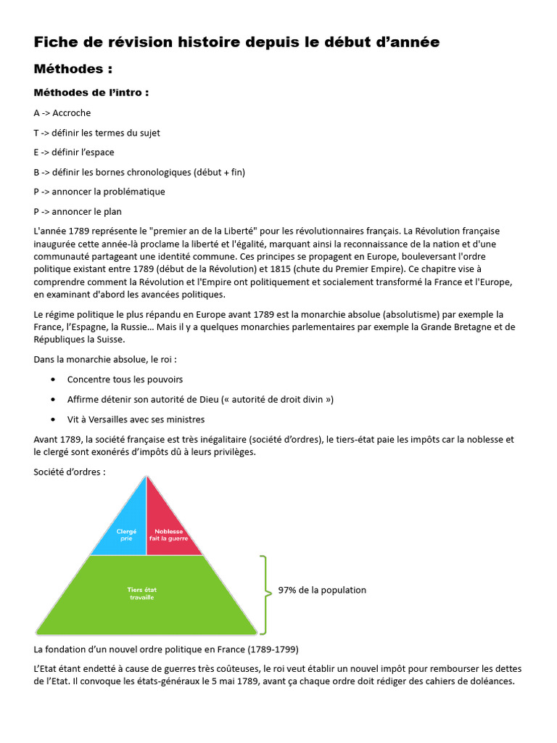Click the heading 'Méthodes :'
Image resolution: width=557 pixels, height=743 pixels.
[x=73, y=70]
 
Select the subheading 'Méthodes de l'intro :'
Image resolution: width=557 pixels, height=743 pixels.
[x=91, y=93]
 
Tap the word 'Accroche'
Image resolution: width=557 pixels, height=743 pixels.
[x=72, y=113]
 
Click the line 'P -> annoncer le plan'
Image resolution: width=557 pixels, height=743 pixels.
[x=78, y=212]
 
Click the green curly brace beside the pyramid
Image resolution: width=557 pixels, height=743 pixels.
[x=265, y=594]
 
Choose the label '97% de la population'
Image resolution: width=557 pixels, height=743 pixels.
[x=322, y=590]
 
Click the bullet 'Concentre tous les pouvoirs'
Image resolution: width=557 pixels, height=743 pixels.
[x=125, y=379]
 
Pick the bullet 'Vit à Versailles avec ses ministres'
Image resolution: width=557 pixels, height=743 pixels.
[x=136, y=419]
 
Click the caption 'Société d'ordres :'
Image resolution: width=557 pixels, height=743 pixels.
[x=70, y=472]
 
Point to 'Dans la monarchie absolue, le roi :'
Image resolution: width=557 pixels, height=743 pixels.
[x=105, y=359]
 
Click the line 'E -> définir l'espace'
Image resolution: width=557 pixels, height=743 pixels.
[x=74, y=152]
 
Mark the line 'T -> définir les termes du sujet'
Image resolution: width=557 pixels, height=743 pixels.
[x=96, y=133]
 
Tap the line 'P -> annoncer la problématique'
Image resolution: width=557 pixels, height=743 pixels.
[x=99, y=192]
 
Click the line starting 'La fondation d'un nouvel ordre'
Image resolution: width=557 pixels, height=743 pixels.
[x=166, y=649]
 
